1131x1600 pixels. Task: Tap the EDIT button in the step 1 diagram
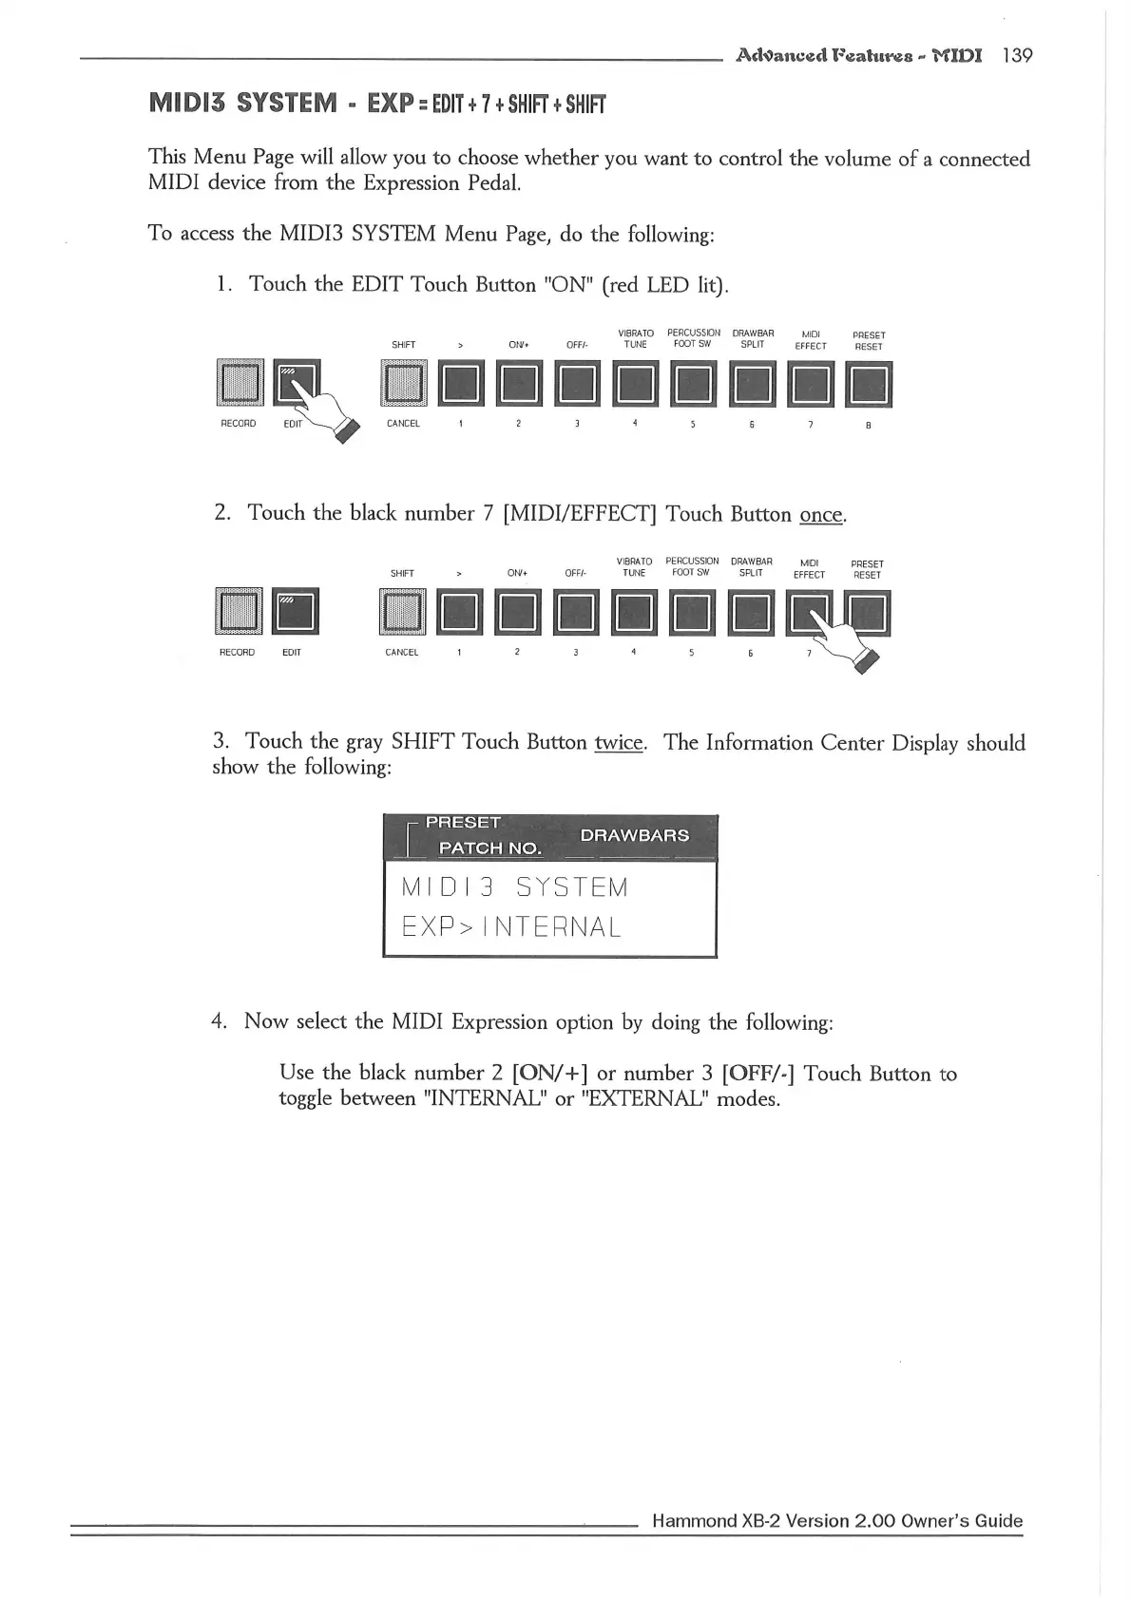297,382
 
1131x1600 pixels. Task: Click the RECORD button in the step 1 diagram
239,382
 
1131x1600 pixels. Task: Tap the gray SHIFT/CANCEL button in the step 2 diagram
403,611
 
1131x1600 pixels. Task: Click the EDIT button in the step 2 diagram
295,611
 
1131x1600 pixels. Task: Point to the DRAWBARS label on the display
634,835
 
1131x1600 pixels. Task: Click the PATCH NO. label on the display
489,848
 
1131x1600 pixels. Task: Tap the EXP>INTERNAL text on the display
511,926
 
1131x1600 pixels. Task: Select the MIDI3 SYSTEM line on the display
514,887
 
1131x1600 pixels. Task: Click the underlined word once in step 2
821,515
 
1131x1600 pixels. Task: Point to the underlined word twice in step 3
619,742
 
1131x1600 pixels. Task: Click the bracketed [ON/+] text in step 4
549,1074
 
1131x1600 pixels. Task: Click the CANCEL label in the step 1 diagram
403,424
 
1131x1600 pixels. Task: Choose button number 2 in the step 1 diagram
518,384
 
